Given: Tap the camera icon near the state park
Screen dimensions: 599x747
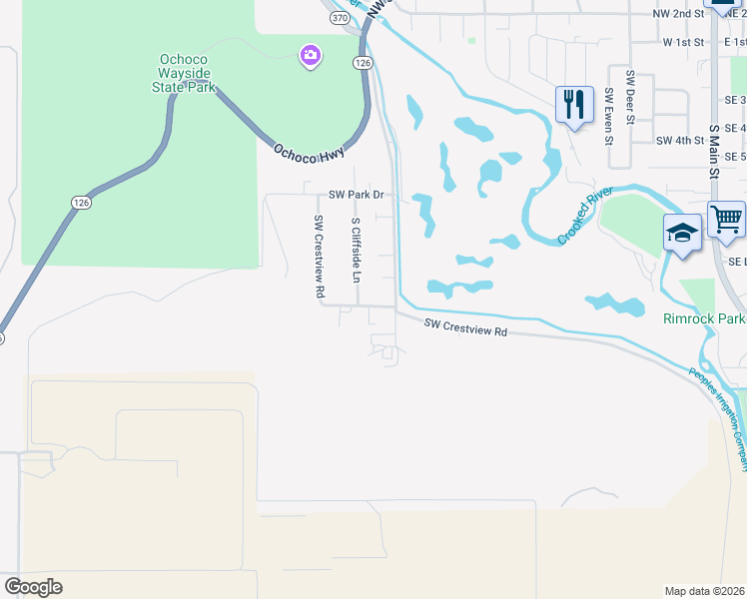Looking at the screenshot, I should click(x=311, y=54).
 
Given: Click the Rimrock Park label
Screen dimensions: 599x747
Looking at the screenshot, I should click(x=704, y=319).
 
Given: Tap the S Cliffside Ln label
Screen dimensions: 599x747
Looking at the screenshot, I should click(x=355, y=250).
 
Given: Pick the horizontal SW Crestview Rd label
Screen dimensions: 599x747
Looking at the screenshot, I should click(x=465, y=327).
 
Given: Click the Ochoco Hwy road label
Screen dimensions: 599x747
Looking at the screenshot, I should click(x=309, y=153).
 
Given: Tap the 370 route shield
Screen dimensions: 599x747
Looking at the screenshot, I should click(x=341, y=18).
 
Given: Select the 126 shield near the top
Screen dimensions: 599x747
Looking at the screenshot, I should click(x=363, y=62).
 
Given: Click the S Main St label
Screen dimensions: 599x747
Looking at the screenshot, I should click(x=714, y=150).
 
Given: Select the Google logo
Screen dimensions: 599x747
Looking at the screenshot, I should click(x=33, y=587).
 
